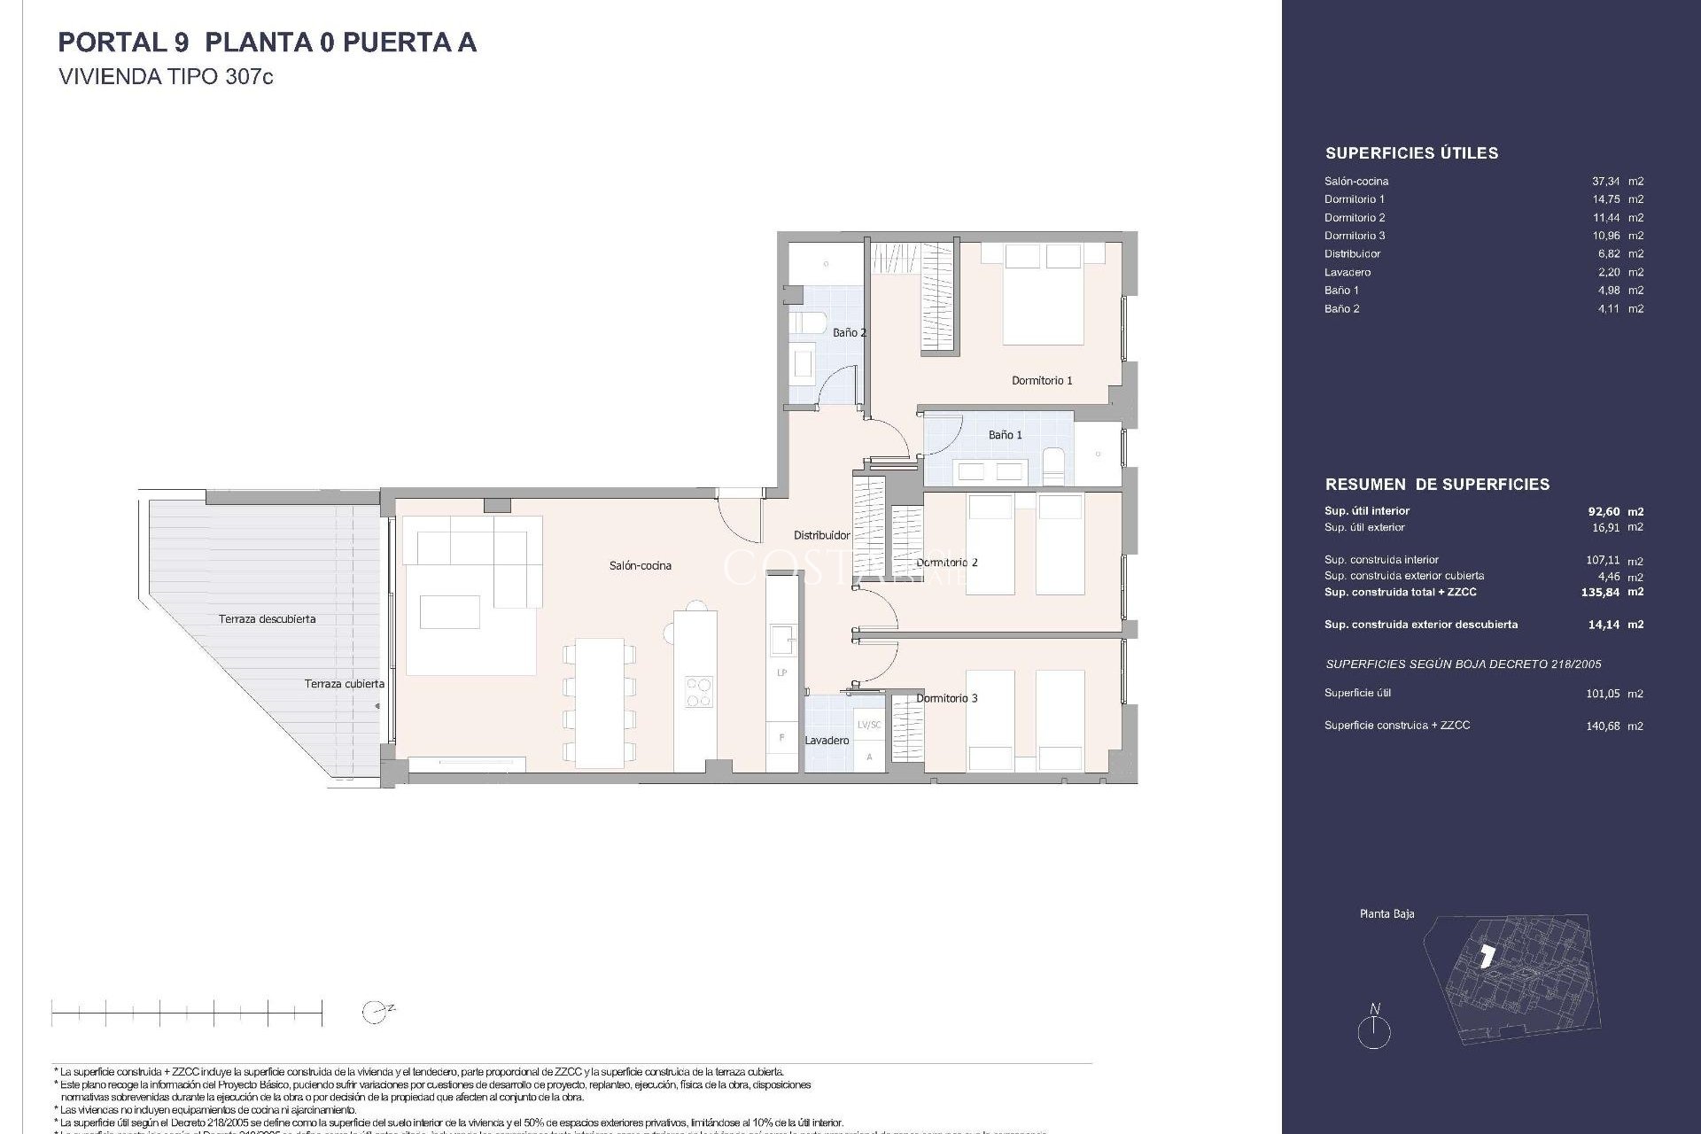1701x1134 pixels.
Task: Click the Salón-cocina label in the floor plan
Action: (640, 565)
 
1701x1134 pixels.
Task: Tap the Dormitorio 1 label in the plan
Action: (1042, 380)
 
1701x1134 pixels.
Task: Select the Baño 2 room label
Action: (849, 332)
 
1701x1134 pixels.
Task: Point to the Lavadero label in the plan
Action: (827, 740)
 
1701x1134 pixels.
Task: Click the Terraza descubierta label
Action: (267, 618)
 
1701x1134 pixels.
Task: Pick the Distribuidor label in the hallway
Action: (821, 535)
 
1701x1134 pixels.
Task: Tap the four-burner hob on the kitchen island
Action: (698, 691)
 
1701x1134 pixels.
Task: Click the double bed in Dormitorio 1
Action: (1043, 297)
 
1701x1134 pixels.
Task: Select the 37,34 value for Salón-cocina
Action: (1606, 181)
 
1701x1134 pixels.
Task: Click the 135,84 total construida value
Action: (1601, 592)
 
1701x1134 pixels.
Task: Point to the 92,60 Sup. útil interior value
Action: (1604, 511)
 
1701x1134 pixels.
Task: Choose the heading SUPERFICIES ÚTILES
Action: (1411, 153)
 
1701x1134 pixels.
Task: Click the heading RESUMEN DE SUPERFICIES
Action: (1437, 485)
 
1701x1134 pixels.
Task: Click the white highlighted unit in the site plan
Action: (1487, 956)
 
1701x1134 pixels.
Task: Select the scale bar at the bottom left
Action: (186, 1012)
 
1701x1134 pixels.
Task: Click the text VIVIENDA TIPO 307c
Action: (166, 77)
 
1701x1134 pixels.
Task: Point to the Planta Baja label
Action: (1386, 913)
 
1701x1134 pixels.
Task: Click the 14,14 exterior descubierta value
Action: (1604, 625)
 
